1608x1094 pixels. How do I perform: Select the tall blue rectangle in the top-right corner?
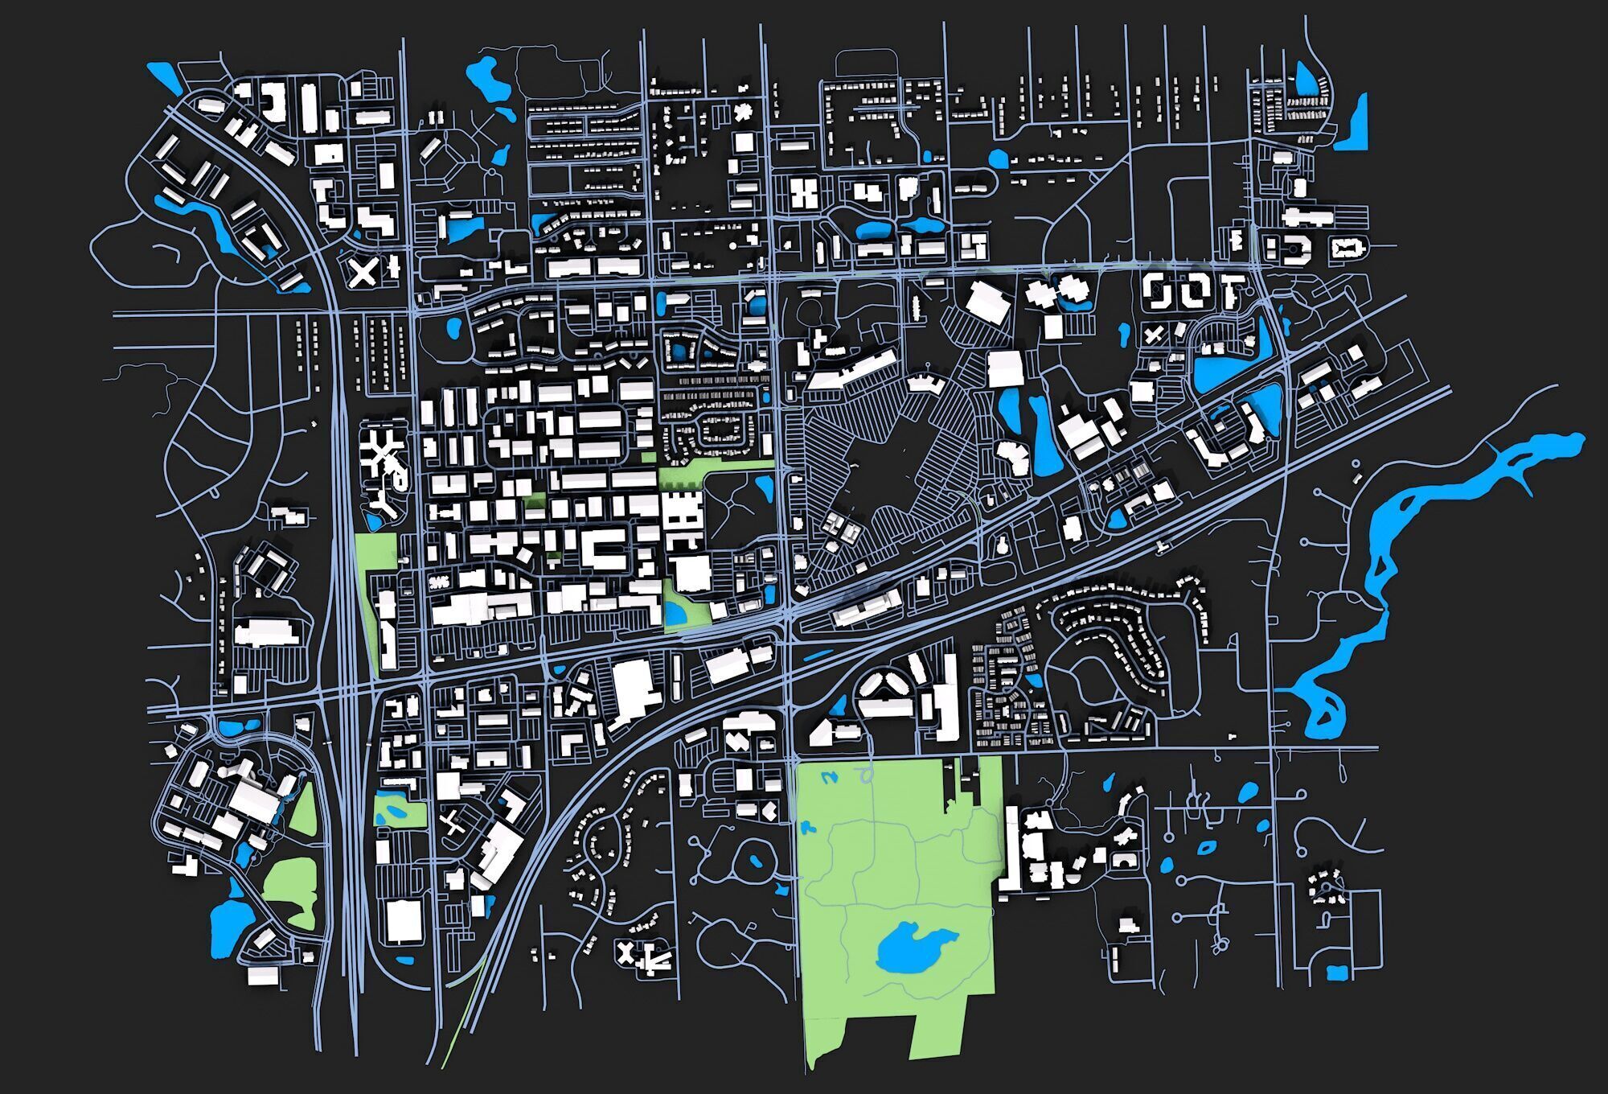tap(1353, 125)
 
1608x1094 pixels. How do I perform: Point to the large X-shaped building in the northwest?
tap(363, 272)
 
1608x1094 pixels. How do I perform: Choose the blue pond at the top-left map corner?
tap(166, 77)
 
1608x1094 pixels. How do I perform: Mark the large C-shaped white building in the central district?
tap(601, 548)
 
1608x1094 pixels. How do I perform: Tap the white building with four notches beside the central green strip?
tap(682, 519)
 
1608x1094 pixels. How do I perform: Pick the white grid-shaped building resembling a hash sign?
tap(802, 193)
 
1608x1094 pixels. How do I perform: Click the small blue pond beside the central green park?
tap(675, 614)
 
